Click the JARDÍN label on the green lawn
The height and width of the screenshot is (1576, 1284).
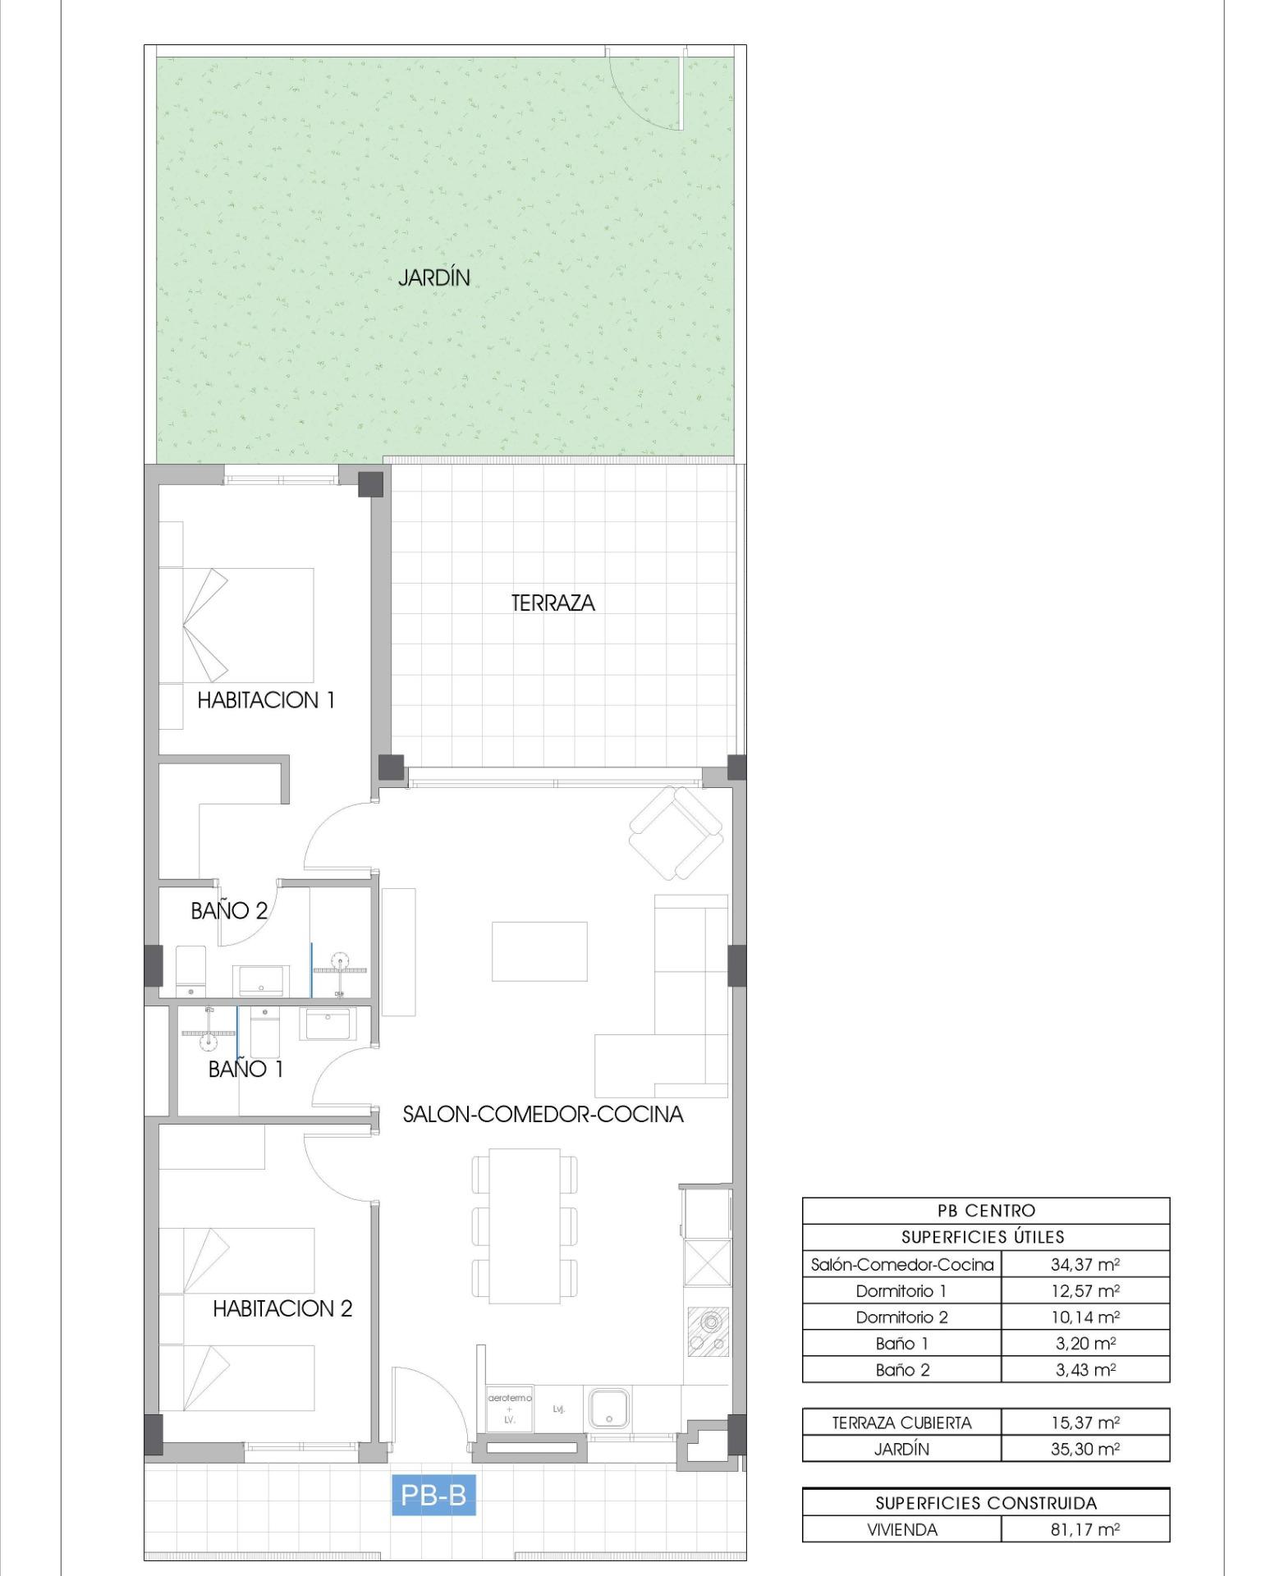[x=434, y=277]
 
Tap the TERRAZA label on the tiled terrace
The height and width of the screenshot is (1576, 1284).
[x=553, y=603]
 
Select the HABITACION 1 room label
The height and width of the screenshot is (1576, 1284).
[x=266, y=700]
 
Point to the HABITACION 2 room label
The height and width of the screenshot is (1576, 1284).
[x=282, y=1308]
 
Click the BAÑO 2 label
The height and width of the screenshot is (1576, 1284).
[x=229, y=910]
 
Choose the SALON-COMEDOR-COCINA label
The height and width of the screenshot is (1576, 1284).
[x=543, y=1114]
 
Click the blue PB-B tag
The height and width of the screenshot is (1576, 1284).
[x=433, y=1495]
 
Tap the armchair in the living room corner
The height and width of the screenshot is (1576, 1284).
[x=676, y=832]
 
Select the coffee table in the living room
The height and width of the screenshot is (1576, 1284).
[x=539, y=951]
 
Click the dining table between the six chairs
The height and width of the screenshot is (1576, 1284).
[x=525, y=1226]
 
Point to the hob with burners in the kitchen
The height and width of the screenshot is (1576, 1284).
[x=707, y=1331]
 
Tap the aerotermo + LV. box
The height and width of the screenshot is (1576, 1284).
[x=510, y=1409]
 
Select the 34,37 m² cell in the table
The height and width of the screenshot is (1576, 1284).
[x=1085, y=1264]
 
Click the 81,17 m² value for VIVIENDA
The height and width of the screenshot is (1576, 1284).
[x=1085, y=1529]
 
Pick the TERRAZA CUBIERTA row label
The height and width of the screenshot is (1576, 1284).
[x=901, y=1423]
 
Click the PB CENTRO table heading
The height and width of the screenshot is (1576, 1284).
[x=986, y=1211]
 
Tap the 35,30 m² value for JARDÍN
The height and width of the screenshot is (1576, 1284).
[x=1085, y=1449]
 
